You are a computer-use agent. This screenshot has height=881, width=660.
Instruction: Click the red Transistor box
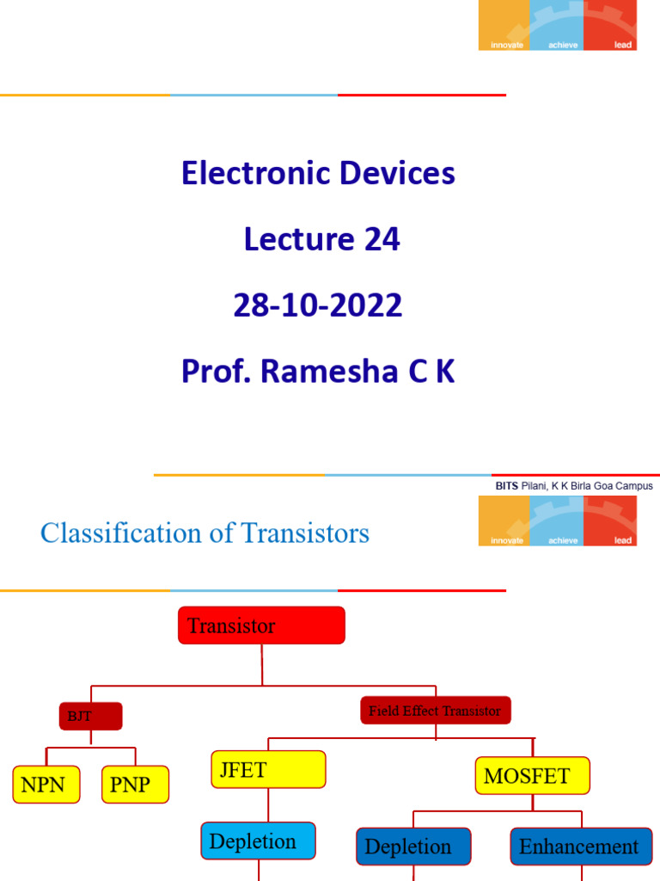click(261, 625)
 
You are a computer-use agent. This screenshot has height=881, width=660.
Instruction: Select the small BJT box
click(90, 716)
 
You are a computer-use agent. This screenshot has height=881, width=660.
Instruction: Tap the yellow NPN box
click(46, 784)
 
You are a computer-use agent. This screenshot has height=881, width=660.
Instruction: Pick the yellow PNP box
click(135, 784)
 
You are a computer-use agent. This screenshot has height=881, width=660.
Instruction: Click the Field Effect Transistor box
click(435, 711)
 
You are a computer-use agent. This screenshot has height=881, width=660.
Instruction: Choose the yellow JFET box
click(268, 769)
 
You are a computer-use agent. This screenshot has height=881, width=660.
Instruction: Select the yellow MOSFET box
click(532, 775)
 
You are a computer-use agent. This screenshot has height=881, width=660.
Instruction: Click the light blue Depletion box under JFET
click(258, 841)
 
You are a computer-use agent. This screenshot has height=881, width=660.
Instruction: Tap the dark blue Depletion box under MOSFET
click(413, 846)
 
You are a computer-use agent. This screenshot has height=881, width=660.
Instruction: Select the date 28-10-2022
click(318, 305)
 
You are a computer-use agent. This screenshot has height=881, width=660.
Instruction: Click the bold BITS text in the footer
click(507, 486)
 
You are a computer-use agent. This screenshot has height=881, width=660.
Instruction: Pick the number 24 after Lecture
click(381, 239)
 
